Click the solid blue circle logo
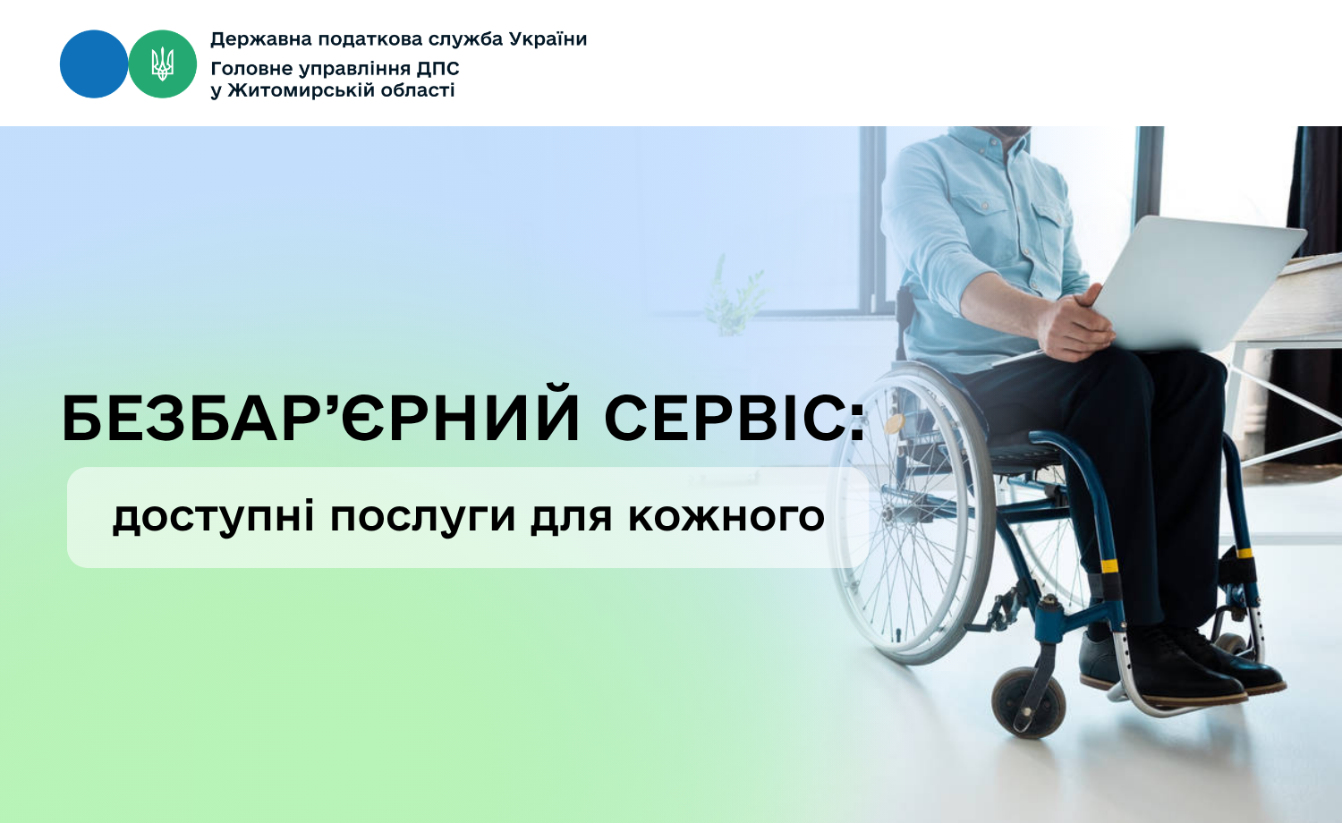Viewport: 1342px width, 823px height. (94, 64)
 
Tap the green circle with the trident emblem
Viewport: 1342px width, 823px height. (162, 64)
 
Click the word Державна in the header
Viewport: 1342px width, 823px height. (261, 39)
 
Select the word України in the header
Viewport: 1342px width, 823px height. (548, 39)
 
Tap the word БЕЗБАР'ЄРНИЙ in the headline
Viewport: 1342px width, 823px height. (321, 419)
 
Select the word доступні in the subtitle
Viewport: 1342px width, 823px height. (213, 518)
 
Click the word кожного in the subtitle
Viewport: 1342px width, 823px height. (726, 518)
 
